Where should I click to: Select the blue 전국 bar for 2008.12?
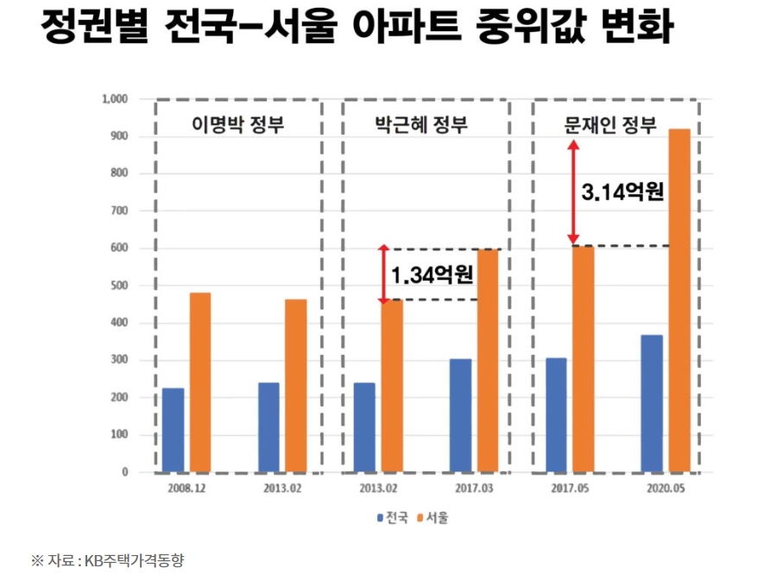(173, 430)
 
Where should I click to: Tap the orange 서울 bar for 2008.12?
(200, 382)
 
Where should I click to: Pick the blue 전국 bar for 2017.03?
(460, 415)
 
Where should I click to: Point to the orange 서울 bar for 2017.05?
(584, 359)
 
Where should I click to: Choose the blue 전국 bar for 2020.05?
(652, 403)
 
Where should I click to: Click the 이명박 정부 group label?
(237, 125)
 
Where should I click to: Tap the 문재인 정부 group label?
(611, 125)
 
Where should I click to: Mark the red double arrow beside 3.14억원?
(571, 192)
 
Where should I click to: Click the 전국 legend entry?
(392, 519)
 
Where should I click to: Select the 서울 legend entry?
(433, 519)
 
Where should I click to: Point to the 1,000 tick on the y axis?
(115, 99)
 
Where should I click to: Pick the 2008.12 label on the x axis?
(188, 488)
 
